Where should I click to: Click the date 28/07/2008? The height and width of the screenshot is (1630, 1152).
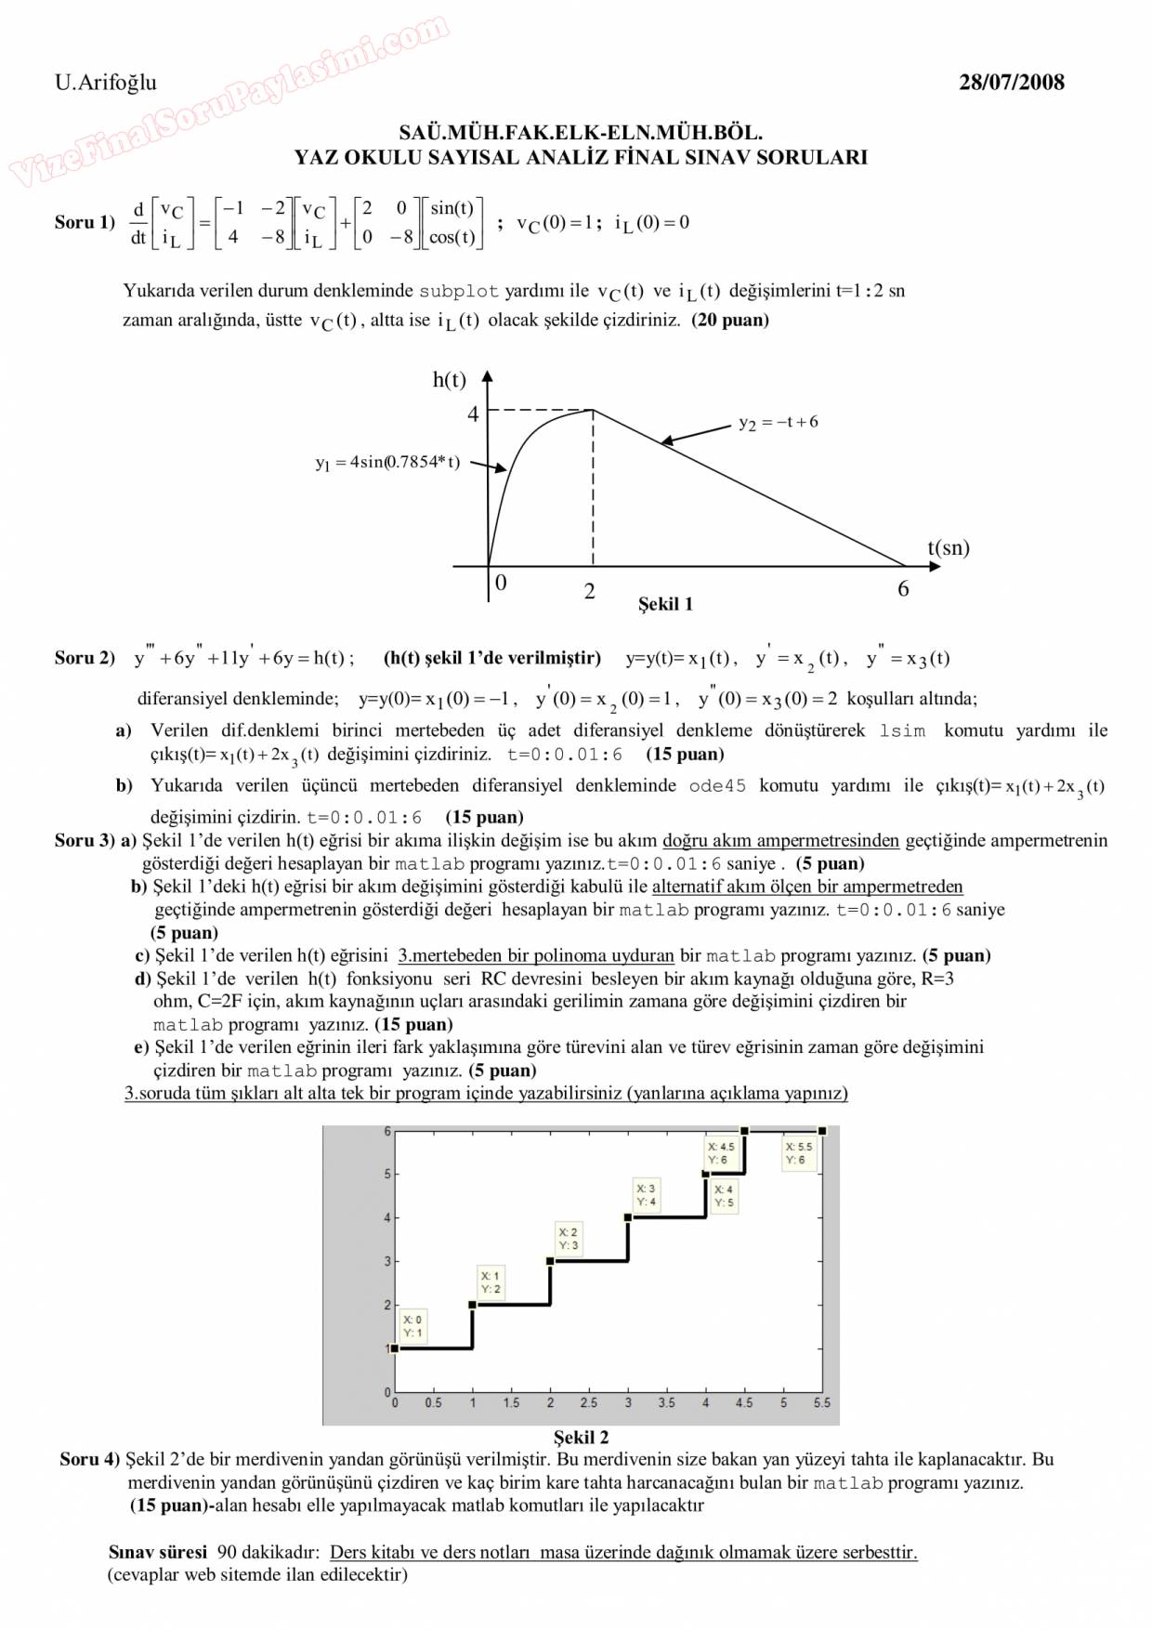point(1012,82)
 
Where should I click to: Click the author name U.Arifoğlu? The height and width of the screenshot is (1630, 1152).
point(106,82)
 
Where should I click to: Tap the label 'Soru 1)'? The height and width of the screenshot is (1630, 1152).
point(85,222)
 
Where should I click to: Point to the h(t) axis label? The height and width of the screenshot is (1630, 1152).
point(450,379)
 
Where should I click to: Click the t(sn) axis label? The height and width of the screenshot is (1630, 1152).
point(949,547)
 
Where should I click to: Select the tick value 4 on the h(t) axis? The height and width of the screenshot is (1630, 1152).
point(473,414)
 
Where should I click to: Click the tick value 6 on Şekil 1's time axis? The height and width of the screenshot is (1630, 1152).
point(903,588)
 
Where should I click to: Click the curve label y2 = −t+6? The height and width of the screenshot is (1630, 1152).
point(779,422)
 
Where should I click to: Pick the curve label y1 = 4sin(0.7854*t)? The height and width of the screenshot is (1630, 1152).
point(387,462)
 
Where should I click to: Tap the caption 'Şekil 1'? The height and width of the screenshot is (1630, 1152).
point(665,604)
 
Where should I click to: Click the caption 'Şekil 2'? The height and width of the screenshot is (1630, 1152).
point(582,1437)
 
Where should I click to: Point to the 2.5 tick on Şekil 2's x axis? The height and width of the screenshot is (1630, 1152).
point(589,1402)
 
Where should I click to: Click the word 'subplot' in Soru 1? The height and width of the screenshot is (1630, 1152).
point(459,291)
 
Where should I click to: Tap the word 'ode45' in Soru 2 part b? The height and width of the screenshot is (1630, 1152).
point(717,785)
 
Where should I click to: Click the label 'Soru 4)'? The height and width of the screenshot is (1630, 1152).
point(90,1459)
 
